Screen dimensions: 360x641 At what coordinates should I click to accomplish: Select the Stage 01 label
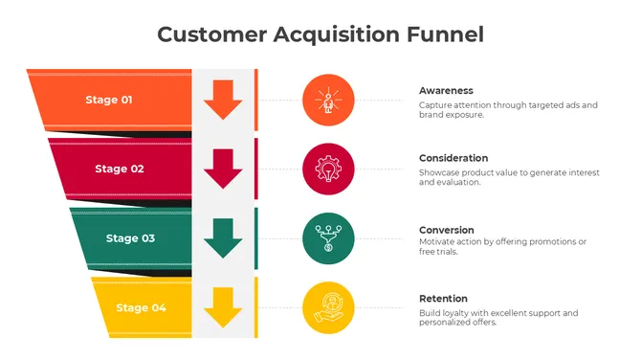pos(109,100)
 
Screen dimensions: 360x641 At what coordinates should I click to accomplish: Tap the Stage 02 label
pos(120,169)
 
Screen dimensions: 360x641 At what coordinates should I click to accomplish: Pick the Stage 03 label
pos(130,238)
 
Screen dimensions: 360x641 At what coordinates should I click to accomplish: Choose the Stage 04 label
pos(141,307)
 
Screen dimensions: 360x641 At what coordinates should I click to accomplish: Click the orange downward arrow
pos(223,100)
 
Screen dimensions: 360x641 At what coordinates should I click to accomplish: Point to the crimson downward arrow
pos(223,169)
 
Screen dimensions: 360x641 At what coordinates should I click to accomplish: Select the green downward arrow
pos(223,238)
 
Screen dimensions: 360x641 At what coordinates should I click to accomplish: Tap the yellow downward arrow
pos(223,307)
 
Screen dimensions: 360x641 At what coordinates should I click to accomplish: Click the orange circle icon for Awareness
pos(328,100)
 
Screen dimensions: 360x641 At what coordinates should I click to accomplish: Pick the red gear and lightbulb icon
pos(328,169)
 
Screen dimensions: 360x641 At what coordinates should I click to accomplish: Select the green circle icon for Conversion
pos(328,238)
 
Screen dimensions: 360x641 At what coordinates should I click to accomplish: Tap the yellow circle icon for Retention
pos(328,307)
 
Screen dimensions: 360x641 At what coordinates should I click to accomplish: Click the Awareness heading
pos(447,90)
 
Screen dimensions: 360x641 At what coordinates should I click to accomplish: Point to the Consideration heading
pos(453,158)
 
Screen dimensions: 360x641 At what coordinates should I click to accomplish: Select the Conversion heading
pos(447,230)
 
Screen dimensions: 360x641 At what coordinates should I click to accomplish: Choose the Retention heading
pos(444,299)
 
